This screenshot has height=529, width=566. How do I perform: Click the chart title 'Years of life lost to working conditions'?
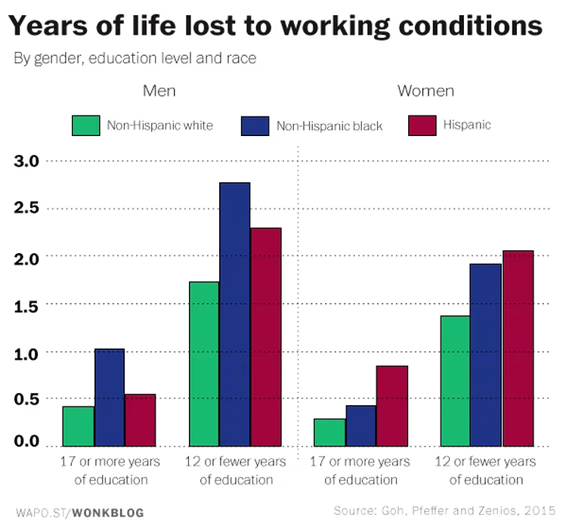coord(276,26)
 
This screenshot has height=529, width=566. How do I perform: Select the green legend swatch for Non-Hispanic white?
coord(86,125)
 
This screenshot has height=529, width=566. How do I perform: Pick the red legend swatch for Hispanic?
coord(422,125)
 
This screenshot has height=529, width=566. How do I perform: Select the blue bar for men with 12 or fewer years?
coord(235,314)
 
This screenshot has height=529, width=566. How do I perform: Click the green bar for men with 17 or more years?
coord(79,426)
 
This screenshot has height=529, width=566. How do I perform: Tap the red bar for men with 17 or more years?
coord(140,420)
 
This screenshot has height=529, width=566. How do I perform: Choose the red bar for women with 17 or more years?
coord(391,406)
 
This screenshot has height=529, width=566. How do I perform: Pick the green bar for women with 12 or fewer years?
coord(455,380)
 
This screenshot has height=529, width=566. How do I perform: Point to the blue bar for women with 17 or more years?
coord(360,425)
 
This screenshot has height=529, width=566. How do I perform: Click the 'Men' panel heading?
coord(159,91)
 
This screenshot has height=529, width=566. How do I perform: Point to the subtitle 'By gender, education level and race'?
coord(136,59)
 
